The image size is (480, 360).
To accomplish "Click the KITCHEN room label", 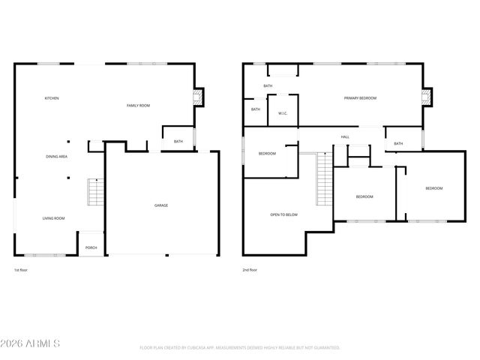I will click(52, 98).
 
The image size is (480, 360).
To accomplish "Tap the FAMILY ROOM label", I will click(138, 106).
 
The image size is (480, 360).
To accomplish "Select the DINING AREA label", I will click(57, 157).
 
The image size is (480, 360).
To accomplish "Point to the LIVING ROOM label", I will click(53, 218).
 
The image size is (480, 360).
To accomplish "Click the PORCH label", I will click(91, 247).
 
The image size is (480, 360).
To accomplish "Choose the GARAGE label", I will click(161, 205).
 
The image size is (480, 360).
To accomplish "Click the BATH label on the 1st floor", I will click(178, 141).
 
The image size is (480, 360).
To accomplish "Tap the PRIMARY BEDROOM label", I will click(360, 98).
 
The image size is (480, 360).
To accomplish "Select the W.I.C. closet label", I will click(283, 113).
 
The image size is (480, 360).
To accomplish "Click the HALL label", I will click(345, 136).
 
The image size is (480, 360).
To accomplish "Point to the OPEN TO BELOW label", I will click(283, 214).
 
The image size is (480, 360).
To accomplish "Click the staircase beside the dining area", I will click(94, 193).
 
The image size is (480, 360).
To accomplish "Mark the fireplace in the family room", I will click(198, 96).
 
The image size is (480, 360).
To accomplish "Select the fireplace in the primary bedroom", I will click(427, 96).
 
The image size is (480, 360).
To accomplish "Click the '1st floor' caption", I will click(22, 269).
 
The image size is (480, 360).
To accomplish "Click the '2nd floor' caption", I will click(250, 269).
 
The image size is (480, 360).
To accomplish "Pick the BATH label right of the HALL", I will click(398, 143).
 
